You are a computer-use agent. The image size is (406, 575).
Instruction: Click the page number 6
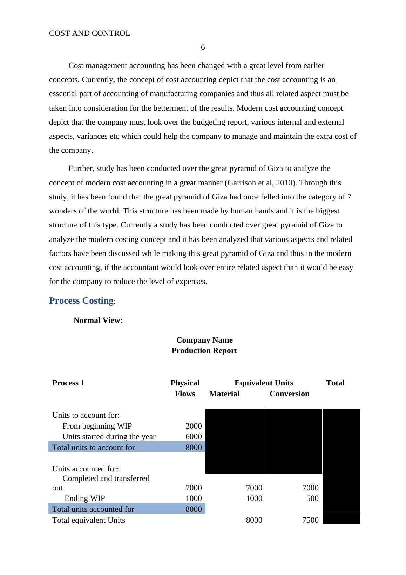pyautogui.click(x=203, y=47)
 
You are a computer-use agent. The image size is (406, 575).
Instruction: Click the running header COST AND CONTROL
pyautogui.click(x=89, y=33)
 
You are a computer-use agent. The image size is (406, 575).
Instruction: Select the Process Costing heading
pyautogui.click(x=81, y=301)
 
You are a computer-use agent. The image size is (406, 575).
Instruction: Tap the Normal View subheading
pyautogui.click(x=97, y=320)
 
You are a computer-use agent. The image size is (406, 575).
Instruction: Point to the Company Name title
pyautogui.click(x=204, y=340)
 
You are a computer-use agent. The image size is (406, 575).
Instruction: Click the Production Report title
pyautogui.click(x=204, y=351)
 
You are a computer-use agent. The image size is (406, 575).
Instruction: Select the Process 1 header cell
pyautogui.click(x=68, y=383)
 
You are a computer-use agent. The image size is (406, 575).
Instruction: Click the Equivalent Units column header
pyautogui.click(x=264, y=383)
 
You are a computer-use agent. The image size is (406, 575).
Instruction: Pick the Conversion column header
pyautogui.click(x=289, y=394)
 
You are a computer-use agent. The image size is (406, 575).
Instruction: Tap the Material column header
pyautogui.click(x=224, y=394)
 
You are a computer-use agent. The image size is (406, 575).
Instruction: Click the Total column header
pyautogui.click(x=335, y=383)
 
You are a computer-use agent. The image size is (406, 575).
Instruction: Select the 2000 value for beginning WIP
pyautogui.click(x=194, y=426)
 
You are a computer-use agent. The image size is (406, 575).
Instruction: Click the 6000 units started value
pyautogui.click(x=194, y=437)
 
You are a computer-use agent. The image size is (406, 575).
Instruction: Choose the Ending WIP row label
pyautogui.click(x=84, y=498)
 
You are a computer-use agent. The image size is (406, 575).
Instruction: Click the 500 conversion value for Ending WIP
pyautogui.click(x=312, y=498)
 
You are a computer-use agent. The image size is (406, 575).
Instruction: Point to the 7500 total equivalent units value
pyautogui.click(x=310, y=520)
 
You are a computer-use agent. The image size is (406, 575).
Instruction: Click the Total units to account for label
pyautogui.click(x=94, y=448)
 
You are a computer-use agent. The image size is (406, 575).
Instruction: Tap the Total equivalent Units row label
pyautogui.click(x=89, y=520)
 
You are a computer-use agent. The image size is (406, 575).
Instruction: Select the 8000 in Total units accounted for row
pyautogui.click(x=194, y=509)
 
